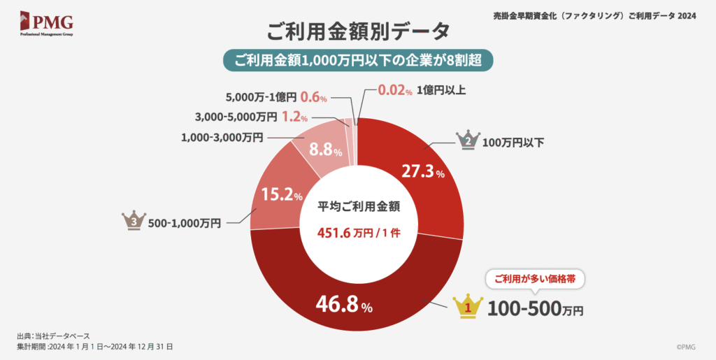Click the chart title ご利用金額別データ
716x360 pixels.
(358, 31)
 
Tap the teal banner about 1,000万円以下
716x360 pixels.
(358, 60)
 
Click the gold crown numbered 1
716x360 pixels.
(469, 305)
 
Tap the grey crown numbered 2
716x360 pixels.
(467, 140)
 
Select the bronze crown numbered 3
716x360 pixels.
(134, 221)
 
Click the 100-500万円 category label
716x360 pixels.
(535, 308)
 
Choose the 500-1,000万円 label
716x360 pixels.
(185, 224)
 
